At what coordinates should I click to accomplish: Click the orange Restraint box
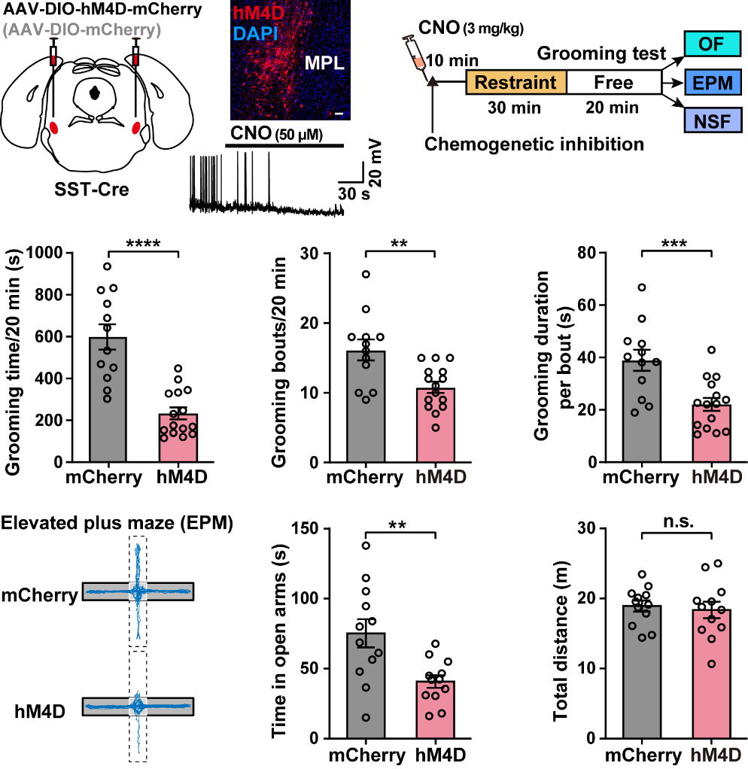point(516,82)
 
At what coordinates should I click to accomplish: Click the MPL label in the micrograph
point(324,65)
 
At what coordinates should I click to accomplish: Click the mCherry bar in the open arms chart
point(366,685)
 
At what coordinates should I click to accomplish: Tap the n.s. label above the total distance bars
point(676,518)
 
